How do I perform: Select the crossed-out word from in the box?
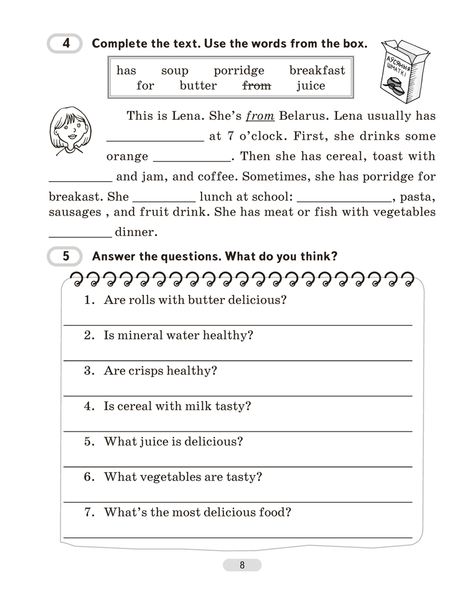coord(256,85)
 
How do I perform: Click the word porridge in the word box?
coord(239,71)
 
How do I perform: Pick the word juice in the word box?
coord(311,85)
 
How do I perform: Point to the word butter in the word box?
coord(198,85)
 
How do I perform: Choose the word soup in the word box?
coord(175,71)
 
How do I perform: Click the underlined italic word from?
coord(261,116)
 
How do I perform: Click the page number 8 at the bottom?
coord(242,565)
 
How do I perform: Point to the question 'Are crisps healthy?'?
coord(160,371)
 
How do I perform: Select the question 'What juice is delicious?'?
coord(173,441)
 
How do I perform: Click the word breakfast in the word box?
coord(317,71)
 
